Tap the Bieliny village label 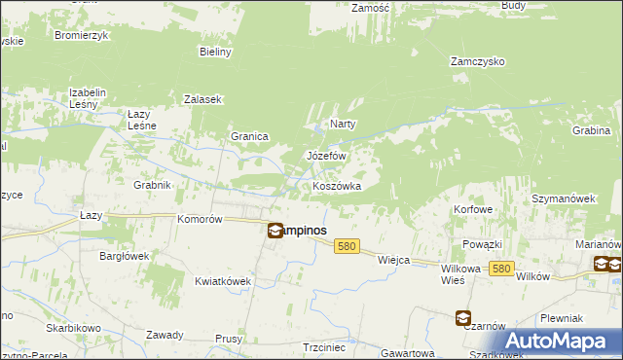(214, 52)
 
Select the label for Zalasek (203, 99)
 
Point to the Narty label (343, 124)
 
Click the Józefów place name (327, 156)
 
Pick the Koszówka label (337, 186)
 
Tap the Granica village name (249, 136)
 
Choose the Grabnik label (153, 184)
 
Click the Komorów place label (201, 220)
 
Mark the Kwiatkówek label (223, 281)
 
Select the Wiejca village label (393, 260)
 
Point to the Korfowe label (473, 209)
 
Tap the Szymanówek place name (563, 198)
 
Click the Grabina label (591, 129)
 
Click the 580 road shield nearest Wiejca (347, 247)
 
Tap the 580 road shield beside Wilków (501, 268)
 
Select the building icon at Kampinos (275, 231)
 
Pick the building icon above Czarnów (462, 317)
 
